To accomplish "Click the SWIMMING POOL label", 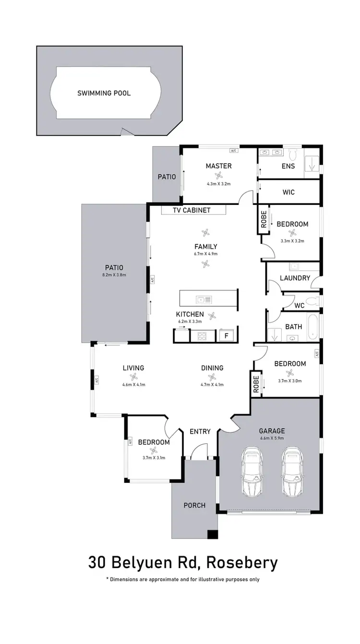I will click(104, 93).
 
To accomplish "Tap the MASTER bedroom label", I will click(218, 166).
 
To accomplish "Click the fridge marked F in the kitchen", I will click(227, 335).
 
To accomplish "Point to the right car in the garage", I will click(292, 472).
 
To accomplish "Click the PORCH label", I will click(194, 505).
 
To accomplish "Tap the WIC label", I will click(288, 192).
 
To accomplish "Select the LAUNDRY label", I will click(295, 278).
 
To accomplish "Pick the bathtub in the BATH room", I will click(312, 326).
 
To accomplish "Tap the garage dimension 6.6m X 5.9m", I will click(272, 438).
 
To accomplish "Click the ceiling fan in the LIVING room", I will click(133, 377).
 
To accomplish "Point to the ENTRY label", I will click(200, 431).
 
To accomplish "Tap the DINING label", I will click(212, 368).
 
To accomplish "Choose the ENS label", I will click(288, 166).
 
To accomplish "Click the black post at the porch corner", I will click(212, 534).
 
